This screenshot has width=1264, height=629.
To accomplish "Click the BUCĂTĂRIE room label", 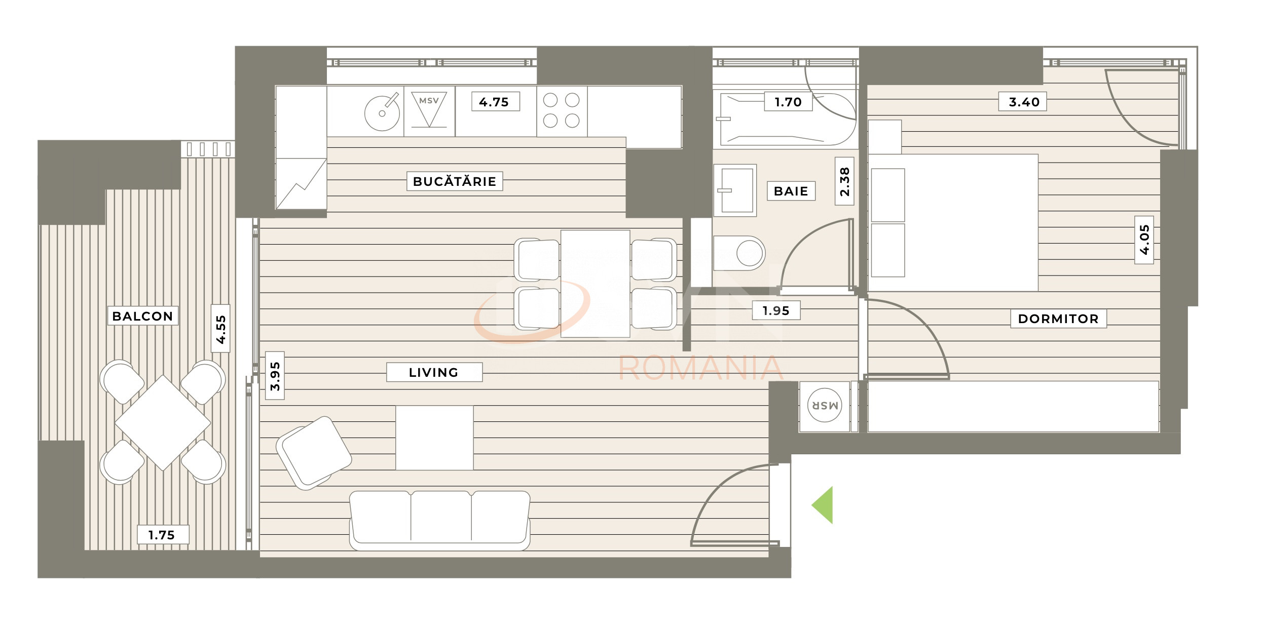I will [455, 181].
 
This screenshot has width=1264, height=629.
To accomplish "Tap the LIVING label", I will [434, 372].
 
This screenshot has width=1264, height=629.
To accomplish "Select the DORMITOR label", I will [1058, 319].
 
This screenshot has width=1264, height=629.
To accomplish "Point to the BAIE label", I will [791, 191].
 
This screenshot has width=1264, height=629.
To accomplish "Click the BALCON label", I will [142, 316].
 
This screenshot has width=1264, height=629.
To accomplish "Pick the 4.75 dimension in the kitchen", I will [494, 102].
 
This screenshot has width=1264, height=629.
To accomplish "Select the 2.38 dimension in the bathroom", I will [844, 181].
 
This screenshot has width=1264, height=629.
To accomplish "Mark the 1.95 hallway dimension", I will [776, 310].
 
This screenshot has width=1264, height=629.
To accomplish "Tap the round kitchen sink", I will [382, 113].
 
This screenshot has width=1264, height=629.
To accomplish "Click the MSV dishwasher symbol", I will [429, 108].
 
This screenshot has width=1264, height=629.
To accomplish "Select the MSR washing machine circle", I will [824, 406].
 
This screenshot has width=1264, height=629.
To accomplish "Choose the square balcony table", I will [163, 422].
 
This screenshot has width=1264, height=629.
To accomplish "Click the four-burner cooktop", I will [562, 110].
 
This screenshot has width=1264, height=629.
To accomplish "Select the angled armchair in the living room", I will [314, 452].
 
